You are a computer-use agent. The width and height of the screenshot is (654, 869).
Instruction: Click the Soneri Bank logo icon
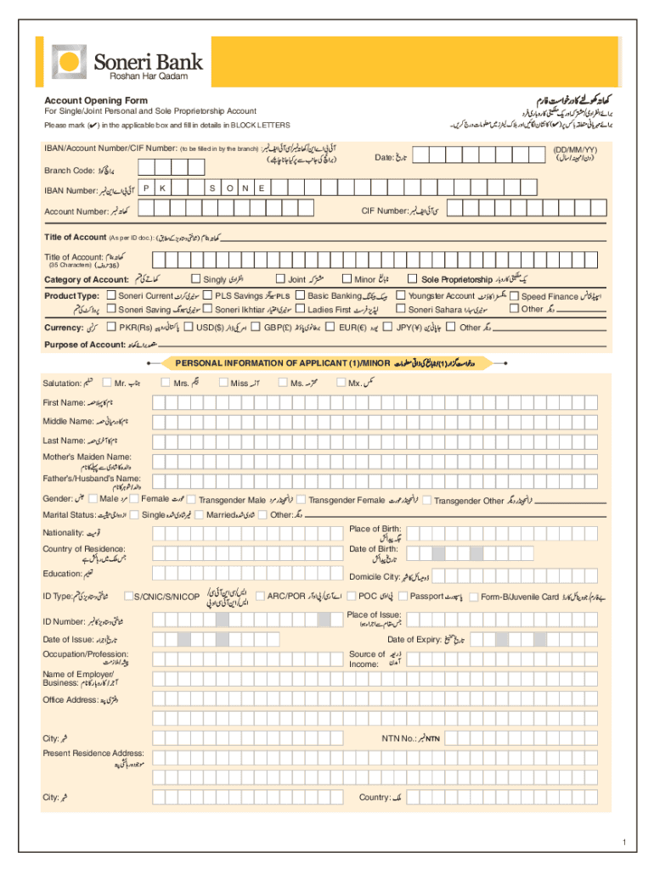[69, 62]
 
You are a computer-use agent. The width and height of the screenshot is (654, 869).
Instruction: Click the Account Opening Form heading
[96, 101]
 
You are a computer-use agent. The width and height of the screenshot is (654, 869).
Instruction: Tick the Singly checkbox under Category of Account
[196, 279]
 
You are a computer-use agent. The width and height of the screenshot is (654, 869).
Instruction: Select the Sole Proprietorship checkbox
[414, 279]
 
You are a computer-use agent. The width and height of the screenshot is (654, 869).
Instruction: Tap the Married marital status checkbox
[200, 514]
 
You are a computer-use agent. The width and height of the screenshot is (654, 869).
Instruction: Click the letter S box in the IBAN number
[210, 188]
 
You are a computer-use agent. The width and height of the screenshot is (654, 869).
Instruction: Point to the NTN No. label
[398, 738]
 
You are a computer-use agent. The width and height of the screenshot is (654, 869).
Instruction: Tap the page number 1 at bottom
[622, 842]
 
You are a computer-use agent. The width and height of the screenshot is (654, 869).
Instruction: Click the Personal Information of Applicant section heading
[282, 363]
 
